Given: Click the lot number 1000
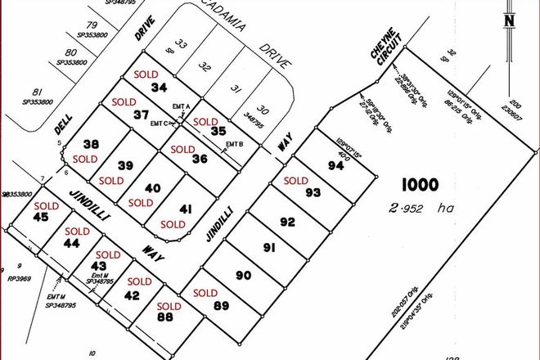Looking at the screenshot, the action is click(x=418, y=185).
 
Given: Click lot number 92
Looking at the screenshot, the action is click(x=287, y=222).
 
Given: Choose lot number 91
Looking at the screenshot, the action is click(x=268, y=248).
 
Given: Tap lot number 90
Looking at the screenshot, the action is click(x=243, y=275).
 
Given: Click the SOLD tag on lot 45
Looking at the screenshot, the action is click(x=47, y=205).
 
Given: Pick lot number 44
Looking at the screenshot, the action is click(x=71, y=243).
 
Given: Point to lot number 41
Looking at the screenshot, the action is click(x=186, y=210).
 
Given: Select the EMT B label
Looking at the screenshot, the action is click(x=233, y=145).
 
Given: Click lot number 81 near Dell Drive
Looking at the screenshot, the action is click(x=36, y=92).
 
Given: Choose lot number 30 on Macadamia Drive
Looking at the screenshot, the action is click(x=263, y=110).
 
